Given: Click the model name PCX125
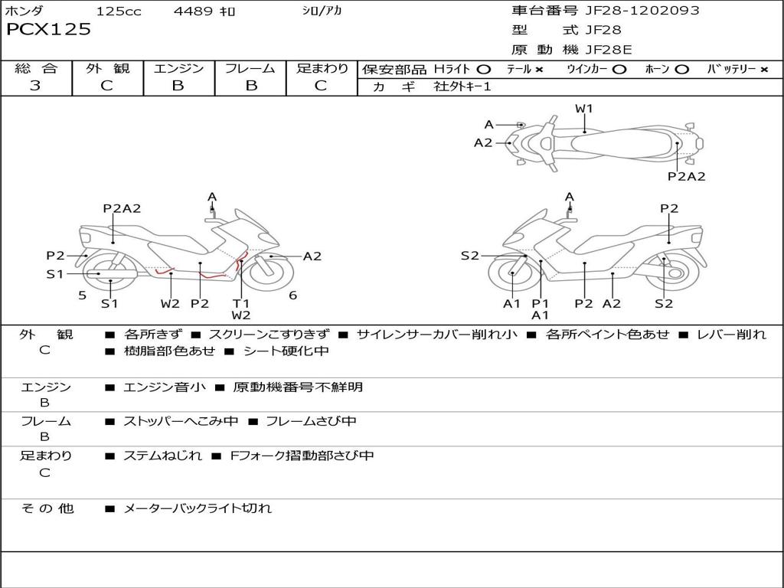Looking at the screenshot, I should [49, 30].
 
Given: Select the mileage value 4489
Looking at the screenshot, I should [193, 11].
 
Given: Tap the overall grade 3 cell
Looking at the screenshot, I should [36, 86].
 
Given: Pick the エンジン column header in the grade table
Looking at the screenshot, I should [178, 69].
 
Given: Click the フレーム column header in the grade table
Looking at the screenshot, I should [250, 69].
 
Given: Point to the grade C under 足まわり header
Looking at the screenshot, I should [321, 86].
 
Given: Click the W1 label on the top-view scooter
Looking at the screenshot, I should [584, 109].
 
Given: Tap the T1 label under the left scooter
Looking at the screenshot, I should [241, 303].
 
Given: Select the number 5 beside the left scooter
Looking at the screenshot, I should [82, 295].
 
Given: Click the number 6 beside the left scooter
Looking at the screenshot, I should [292, 295].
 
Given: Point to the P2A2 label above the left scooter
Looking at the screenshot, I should [122, 208].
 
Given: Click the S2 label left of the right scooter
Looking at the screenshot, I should [469, 256].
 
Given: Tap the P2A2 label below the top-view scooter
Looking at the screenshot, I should [686, 176].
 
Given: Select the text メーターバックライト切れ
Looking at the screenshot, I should [198, 508].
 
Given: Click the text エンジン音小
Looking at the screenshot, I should [165, 387].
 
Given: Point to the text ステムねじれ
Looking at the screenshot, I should [162, 456].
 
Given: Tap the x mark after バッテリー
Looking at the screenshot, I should [764, 69].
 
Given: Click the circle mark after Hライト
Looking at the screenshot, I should [483, 69].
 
